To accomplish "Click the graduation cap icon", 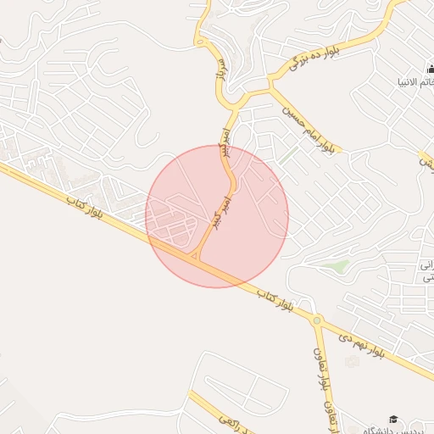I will click(392, 419).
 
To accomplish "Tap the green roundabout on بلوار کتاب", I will click(317, 320).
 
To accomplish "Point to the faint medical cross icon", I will click(352, 362).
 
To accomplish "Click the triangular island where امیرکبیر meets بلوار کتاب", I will click(195, 253).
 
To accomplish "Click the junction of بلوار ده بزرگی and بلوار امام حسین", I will click(273, 82).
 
